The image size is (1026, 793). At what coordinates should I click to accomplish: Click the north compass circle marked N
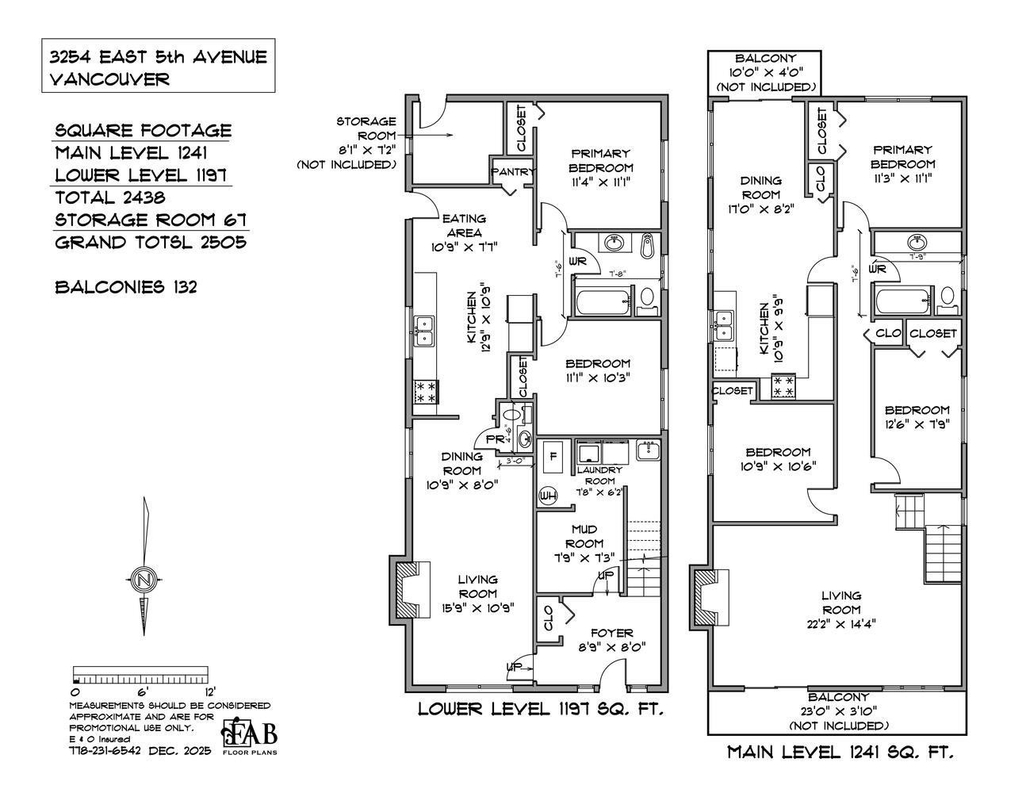tap(144, 580)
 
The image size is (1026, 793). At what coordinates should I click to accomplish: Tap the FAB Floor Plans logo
tap(250, 737)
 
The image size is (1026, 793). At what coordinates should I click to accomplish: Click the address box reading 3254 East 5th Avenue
tap(159, 67)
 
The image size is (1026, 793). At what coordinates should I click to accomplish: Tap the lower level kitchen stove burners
tap(426, 392)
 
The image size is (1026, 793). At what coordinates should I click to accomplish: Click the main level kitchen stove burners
tap(784, 387)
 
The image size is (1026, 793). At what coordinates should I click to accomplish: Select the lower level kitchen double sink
tap(424, 331)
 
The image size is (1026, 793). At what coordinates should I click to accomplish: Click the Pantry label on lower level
tap(514, 171)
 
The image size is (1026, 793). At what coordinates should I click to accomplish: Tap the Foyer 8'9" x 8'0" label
tap(611, 639)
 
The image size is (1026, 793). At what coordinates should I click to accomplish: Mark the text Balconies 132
tap(125, 286)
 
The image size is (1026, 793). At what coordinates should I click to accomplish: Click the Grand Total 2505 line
tap(150, 242)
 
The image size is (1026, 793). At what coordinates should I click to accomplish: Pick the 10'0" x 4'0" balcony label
tap(764, 72)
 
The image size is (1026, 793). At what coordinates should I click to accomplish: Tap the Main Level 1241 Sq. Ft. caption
tap(840, 752)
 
